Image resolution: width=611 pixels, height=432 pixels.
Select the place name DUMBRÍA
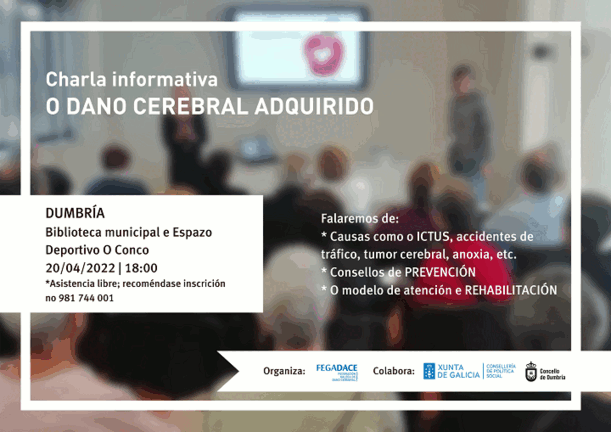click(75, 213)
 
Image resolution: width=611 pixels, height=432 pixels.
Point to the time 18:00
click(141, 267)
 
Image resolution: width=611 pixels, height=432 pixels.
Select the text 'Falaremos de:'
click(359, 218)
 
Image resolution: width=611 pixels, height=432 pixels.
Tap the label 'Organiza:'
click(284, 372)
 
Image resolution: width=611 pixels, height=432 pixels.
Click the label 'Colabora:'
click(393, 372)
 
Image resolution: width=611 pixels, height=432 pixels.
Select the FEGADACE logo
click(336, 371)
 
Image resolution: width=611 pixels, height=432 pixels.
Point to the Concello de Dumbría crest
click(531, 372)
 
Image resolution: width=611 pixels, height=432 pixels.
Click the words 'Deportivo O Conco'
click(97, 249)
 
